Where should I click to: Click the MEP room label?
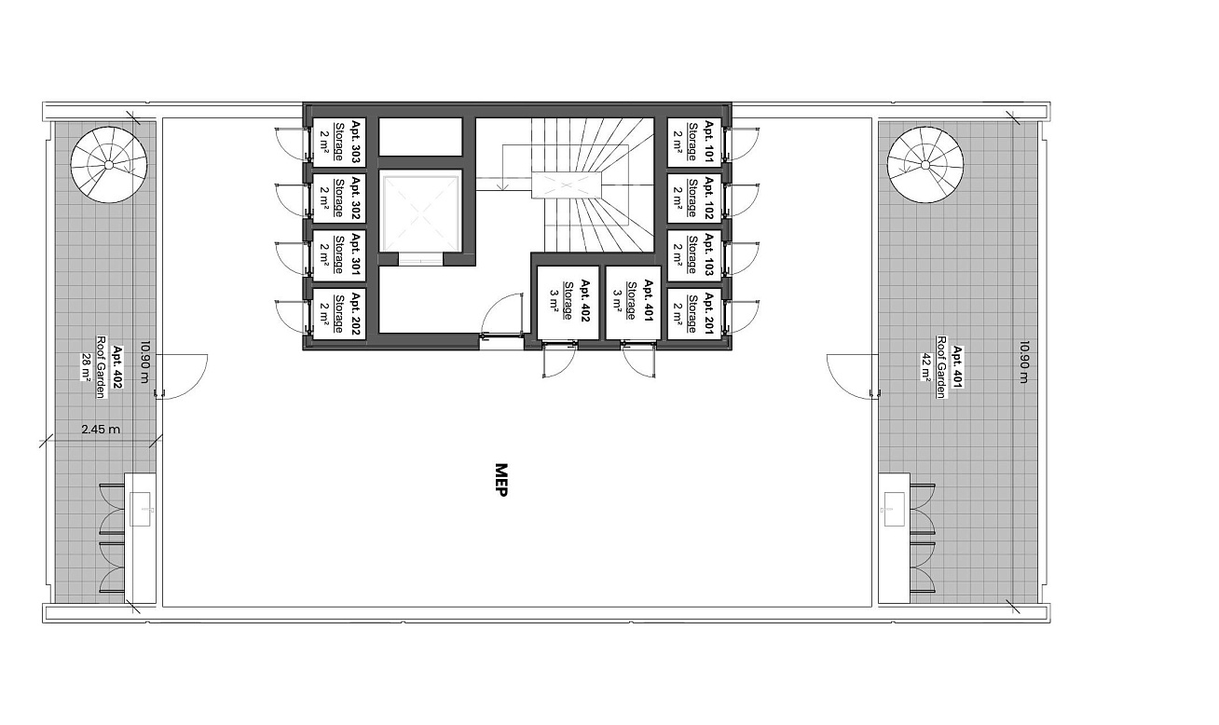click(501, 480)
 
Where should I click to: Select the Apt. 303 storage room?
click(338, 142)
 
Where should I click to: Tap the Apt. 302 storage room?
click(338, 198)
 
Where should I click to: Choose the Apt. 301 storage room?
click(338, 254)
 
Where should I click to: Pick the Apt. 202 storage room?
click(338, 312)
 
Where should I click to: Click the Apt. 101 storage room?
click(694, 142)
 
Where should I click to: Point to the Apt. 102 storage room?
click(694, 198)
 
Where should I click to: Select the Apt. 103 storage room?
click(694, 254)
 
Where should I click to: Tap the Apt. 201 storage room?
click(694, 312)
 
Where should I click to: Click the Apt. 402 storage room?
click(568, 302)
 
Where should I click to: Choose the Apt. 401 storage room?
click(634, 302)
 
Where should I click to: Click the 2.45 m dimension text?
click(101, 430)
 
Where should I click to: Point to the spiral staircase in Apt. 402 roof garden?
click(109, 164)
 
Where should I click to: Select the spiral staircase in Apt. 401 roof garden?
click(925, 164)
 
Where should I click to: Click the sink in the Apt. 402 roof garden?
click(141, 509)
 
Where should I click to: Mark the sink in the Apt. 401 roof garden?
click(894, 509)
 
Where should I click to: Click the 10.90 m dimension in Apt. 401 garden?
click(1024, 362)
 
